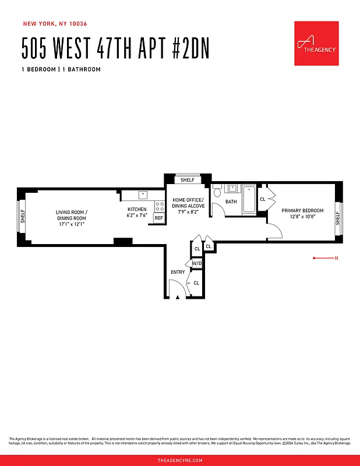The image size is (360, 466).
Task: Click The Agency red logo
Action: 316,44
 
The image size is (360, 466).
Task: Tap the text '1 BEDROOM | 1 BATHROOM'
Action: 61,69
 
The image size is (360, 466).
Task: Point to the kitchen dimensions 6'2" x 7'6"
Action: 137,216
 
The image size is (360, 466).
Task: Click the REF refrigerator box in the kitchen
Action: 158,218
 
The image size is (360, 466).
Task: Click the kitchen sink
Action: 143,195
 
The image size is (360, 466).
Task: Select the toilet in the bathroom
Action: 217,191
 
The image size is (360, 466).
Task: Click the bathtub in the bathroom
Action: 249,199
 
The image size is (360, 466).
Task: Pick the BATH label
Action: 231,202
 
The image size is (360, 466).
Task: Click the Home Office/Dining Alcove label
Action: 188,203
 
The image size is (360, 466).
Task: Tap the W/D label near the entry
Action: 197,263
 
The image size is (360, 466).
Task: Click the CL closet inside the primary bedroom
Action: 262,199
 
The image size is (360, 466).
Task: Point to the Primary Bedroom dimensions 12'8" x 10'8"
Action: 302,217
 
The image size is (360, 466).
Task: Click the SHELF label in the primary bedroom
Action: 337,218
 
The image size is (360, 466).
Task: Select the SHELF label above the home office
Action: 188,180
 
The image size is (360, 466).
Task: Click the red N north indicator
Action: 336,257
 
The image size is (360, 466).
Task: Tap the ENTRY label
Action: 178,272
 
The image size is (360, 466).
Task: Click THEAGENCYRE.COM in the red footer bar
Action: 180,460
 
